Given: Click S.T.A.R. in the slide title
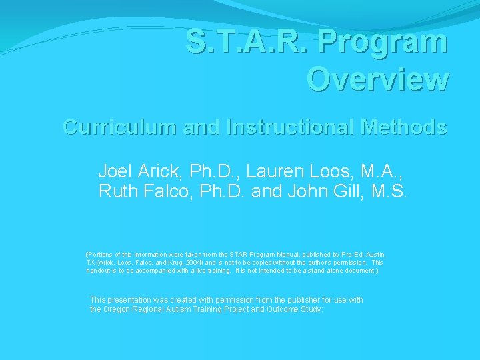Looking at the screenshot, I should pos(248,41).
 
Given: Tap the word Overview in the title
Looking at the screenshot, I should pos(377,79).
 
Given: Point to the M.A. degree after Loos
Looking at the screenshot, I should pos(389,171).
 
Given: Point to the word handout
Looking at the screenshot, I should pos(99,271).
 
